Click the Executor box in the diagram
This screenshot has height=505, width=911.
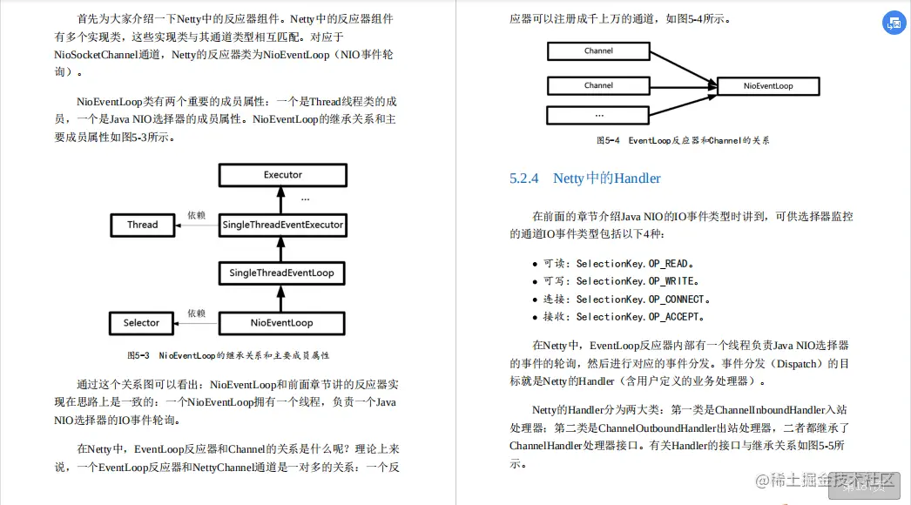(x=282, y=175)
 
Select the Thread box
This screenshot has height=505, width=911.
(x=142, y=225)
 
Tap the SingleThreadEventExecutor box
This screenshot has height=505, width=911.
(x=282, y=225)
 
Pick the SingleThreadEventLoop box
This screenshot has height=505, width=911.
(x=281, y=273)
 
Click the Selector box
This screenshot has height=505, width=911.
(x=141, y=323)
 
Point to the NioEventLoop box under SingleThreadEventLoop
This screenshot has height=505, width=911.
(x=281, y=323)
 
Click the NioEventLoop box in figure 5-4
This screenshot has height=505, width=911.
(x=768, y=86)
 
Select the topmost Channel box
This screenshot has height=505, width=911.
(x=598, y=51)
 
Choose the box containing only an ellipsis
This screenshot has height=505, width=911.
(x=598, y=115)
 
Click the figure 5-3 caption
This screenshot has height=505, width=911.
(x=228, y=355)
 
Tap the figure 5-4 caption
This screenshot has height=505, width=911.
(x=682, y=140)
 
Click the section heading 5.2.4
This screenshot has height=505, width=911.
(x=585, y=178)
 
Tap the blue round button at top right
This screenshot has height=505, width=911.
(x=894, y=24)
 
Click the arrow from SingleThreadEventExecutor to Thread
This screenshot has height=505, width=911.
(x=196, y=226)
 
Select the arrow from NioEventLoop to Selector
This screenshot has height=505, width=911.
(x=196, y=324)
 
